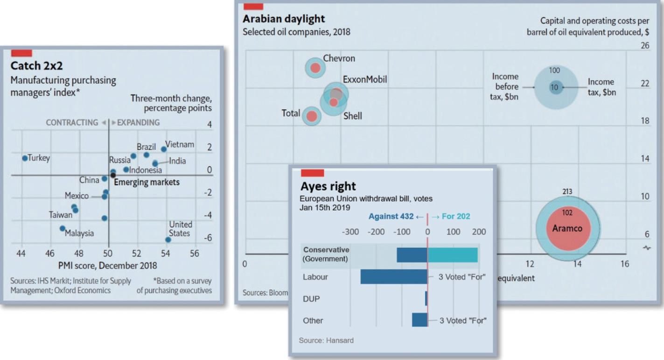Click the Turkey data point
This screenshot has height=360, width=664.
pos(25,158)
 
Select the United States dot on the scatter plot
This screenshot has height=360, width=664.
pos(168,240)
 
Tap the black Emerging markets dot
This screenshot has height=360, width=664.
pos(113,175)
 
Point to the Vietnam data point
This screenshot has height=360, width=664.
pos(164,149)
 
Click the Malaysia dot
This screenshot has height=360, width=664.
pos(63,228)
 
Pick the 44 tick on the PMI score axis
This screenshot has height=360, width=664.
pos(21,254)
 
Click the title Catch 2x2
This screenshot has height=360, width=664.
pos(32,65)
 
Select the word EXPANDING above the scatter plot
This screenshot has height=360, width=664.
pos(138,123)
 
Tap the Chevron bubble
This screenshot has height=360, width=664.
pos(315,68)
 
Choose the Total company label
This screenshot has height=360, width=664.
pos(291,113)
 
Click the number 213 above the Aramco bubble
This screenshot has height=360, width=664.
pos(567,192)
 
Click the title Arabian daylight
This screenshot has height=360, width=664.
pos(284,19)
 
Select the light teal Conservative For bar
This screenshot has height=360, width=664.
pos(452,255)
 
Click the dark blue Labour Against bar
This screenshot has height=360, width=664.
pos(393,277)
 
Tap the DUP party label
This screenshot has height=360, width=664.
pos(311,299)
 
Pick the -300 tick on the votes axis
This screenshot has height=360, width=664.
pos(350,232)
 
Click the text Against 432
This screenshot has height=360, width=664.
pos(391,217)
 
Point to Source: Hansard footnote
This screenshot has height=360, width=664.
pos(326,340)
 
